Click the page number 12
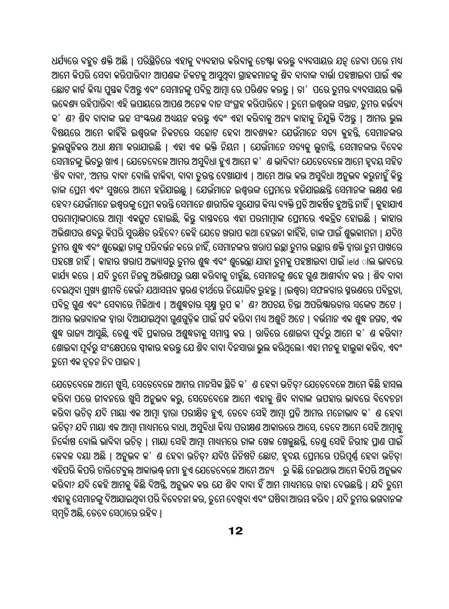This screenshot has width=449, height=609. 236,531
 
